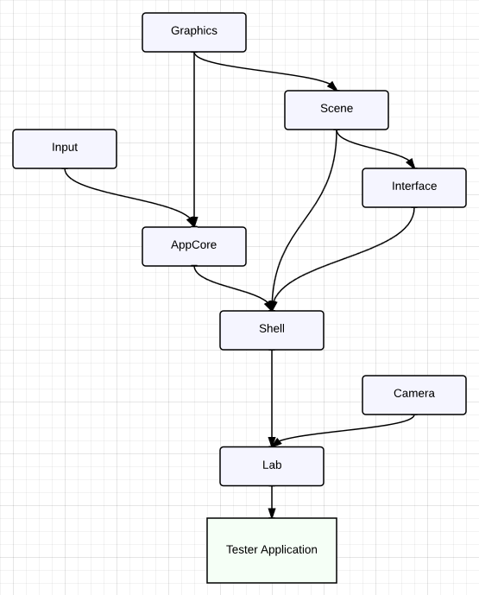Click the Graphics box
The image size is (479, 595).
(194, 32)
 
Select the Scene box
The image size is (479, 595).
(337, 110)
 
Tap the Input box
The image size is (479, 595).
(65, 149)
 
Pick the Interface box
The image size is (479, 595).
(414, 188)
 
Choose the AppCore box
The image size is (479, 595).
(194, 246)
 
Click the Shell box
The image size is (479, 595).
(272, 330)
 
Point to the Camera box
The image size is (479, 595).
(414, 395)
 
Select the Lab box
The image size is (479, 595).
(272, 466)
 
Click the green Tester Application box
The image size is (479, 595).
(272, 550)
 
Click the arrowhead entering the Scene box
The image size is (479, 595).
(332, 85)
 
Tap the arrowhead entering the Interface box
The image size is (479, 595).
(411, 163)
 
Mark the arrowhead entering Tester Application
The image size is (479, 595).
(272, 513)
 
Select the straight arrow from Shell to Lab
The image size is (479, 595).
(272, 398)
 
